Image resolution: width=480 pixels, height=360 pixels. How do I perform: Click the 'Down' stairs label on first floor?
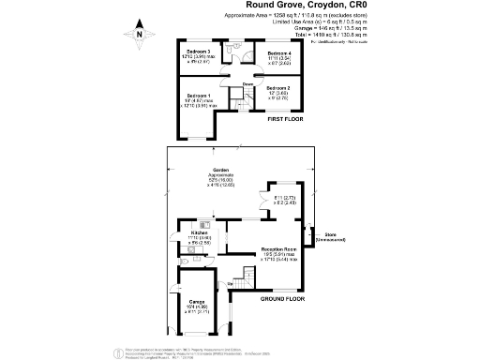247,84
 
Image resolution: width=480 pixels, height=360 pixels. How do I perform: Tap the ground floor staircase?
246,278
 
